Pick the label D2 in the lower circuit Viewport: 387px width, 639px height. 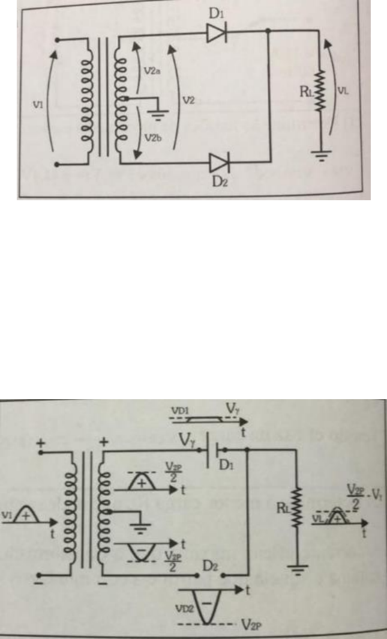209,566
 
